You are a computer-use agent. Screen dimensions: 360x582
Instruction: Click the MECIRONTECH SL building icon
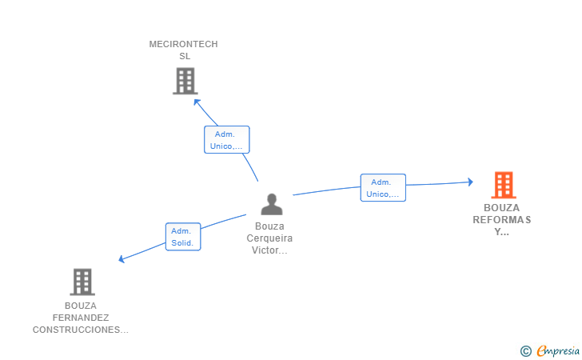[x=185, y=81]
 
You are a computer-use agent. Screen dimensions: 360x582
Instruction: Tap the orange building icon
[x=503, y=185]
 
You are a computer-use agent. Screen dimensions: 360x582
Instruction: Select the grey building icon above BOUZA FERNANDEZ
[x=82, y=282]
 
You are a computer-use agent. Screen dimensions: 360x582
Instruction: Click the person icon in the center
[x=272, y=205]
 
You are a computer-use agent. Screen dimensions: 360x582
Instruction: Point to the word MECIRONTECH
[x=183, y=45]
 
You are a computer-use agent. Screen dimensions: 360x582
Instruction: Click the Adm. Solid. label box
[x=183, y=237]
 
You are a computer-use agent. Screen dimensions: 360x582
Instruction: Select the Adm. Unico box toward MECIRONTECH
[x=226, y=140]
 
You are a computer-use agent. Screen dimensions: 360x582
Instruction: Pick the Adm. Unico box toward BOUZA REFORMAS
[x=383, y=188]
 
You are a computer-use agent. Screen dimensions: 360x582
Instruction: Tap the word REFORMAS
[x=501, y=220]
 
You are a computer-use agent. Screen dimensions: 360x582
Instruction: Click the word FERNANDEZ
[x=80, y=318]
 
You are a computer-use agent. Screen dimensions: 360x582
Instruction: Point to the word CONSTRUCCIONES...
[x=80, y=330]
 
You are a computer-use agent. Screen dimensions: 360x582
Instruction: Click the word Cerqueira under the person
[x=269, y=238]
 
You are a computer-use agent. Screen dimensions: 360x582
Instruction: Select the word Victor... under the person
[x=269, y=250]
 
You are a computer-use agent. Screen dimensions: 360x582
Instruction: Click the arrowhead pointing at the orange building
[x=470, y=182]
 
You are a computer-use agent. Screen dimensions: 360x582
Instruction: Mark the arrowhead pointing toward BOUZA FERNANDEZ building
[x=122, y=258]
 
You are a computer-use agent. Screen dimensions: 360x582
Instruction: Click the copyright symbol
[x=525, y=350]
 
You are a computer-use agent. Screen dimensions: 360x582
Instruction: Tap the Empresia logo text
[x=558, y=350]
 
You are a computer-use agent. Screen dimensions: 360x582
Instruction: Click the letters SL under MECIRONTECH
[x=185, y=56]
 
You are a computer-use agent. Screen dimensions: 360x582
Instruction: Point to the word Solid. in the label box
[x=183, y=242]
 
